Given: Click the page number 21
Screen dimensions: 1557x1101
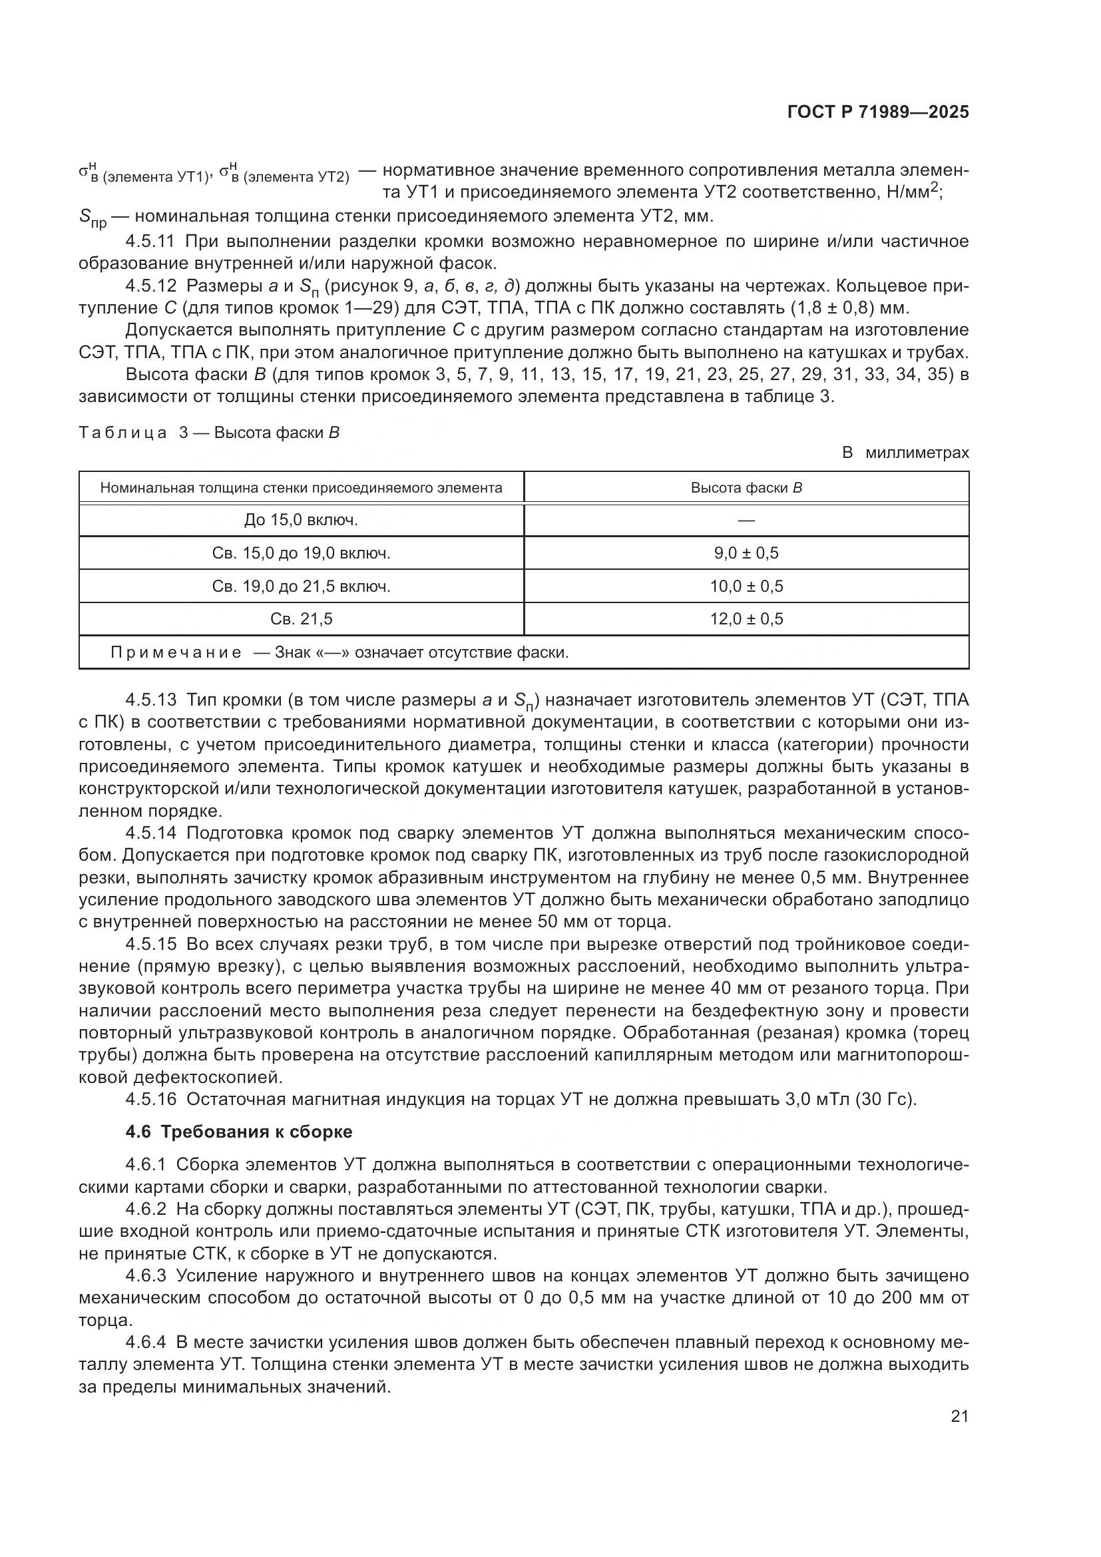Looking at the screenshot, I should pyautogui.click(x=959, y=1416).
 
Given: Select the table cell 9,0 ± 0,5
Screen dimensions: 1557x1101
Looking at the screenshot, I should pyautogui.click(x=746, y=553).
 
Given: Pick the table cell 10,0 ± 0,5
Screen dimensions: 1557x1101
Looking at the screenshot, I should pyautogui.click(x=746, y=586).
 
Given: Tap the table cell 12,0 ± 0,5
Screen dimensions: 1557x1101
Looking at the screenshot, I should pyautogui.click(x=746, y=618).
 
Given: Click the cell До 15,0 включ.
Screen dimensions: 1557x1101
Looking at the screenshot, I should pyautogui.click(x=301, y=520).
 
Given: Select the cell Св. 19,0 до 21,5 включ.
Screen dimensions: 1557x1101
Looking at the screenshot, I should pyautogui.click(x=301, y=586).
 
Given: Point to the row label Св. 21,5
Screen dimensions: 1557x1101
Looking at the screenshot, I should pyautogui.click(x=301, y=618).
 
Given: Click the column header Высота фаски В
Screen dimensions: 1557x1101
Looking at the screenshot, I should pyautogui.click(x=746, y=487).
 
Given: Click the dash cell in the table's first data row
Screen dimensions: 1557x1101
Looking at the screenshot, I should pyautogui.click(x=746, y=520).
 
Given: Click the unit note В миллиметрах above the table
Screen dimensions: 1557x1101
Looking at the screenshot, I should pyautogui.click(x=905, y=452).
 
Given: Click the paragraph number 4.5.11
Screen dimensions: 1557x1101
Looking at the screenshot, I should pyautogui.click(x=150, y=242).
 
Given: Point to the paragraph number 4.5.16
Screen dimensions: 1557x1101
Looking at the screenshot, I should pyautogui.click(x=150, y=1098).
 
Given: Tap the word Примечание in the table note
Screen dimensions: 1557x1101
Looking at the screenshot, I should pyautogui.click(x=176, y=652).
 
